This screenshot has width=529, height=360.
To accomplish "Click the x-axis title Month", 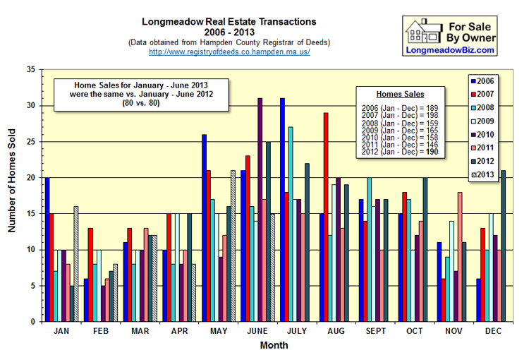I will pos(274,346).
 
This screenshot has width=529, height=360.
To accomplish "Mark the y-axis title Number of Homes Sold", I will pos(12,196).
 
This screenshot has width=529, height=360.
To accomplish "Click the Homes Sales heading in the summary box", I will pos(400,93).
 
